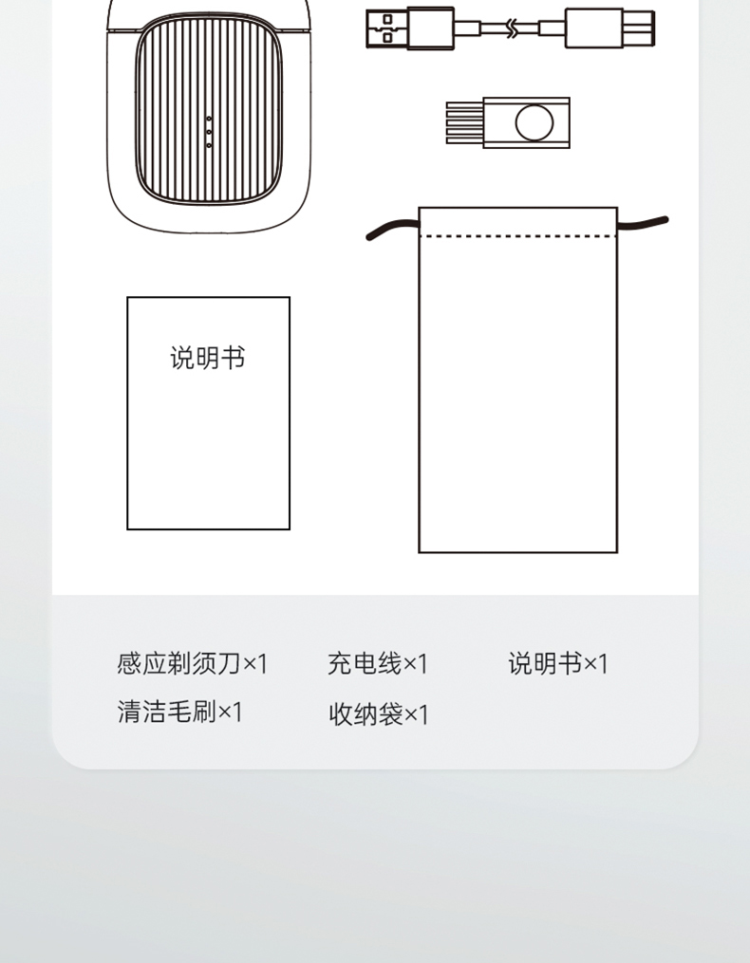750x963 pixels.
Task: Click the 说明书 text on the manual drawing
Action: (208, 358)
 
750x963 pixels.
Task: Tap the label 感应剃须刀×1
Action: (193, 664)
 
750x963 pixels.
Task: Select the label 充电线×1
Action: (378, 664)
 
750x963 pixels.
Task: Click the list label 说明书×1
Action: (558, 664)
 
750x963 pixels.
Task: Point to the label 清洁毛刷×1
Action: (180, 712)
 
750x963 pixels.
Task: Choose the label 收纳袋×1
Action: (379, 714)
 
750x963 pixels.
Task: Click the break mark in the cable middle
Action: (512, 28)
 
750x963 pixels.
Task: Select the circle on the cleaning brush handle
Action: (534, 122)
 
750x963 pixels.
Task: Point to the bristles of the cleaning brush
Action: (465, 122)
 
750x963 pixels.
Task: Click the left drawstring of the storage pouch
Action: (392, 229)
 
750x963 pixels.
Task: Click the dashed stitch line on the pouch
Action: (518, 236)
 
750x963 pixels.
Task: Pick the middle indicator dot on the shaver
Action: (209, 132)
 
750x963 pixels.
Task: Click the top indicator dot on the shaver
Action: (209, 119)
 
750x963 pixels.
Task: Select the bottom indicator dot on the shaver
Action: (209, 145)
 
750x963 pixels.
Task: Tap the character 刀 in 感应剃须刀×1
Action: (230, 664)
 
